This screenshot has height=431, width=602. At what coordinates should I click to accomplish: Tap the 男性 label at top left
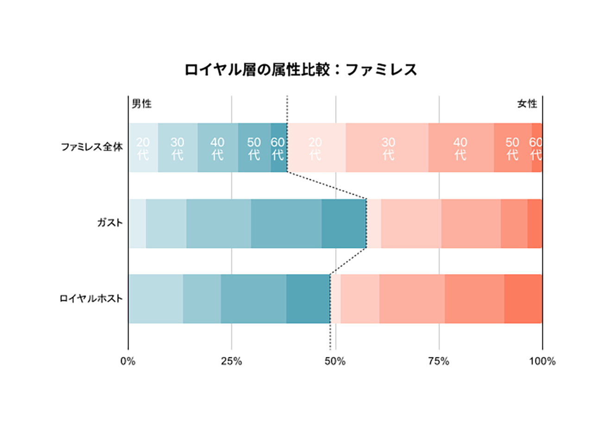[x=142, y=103]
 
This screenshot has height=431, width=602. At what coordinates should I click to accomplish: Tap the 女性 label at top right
[x=527, y=103]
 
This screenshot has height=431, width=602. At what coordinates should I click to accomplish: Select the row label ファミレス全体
[x=92, y=147]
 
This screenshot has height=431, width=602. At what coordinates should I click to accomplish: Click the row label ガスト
[x=110, y=223]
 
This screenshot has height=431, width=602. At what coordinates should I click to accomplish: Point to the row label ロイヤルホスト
[x=91, y=298]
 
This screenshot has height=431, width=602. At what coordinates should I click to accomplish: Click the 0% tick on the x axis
[x=128, y=361]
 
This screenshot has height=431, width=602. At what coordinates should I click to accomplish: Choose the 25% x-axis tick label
[x=232, y=361]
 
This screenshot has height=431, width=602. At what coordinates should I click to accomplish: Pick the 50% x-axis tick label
[x=335, y=361]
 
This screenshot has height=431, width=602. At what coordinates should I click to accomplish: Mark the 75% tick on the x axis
[x=439, y=361]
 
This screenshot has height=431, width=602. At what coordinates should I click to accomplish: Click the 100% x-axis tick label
[x=542, y=361]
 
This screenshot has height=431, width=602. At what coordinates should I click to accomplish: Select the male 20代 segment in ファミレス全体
[x=143, y=148]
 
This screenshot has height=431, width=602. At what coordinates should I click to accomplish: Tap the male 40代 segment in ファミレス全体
[x=217, y=148]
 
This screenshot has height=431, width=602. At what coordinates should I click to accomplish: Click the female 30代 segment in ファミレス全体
[x=387, y=148]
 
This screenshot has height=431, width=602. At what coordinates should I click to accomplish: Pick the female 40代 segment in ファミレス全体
[x=460, y=148]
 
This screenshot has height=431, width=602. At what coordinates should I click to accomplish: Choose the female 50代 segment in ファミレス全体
[x=512, y=148]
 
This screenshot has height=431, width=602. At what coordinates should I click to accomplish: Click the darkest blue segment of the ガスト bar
[x=344, y=223]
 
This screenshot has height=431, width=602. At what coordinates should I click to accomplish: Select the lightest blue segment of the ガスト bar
[x=137, y=223]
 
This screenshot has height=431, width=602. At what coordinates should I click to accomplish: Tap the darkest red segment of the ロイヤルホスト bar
[x=523, y=299]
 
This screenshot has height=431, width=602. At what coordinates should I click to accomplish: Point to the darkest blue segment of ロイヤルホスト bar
[x=308, y=299]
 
